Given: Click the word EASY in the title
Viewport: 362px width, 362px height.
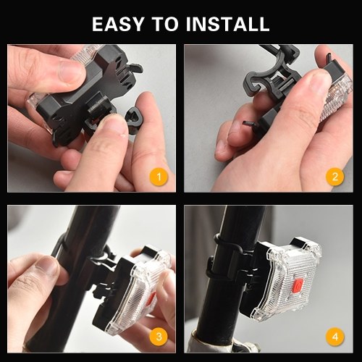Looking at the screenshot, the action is pos(118,24).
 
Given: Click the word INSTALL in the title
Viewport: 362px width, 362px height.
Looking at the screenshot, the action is pos(227,24).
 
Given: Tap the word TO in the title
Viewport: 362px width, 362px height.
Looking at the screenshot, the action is pos(165,24).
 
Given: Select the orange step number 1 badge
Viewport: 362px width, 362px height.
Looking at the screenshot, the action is pos(159,177).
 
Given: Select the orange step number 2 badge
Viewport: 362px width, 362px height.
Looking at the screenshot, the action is pos(335,177).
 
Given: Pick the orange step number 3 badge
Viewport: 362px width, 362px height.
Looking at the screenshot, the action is pos(159,337).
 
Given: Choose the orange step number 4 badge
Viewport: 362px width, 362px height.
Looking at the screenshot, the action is pos(335,337).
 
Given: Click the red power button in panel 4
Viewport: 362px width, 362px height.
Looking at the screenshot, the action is pos(298,286).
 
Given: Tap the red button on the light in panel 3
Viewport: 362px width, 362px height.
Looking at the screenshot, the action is pos(151,299).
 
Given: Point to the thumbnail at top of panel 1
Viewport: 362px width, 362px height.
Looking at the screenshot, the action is pos(72,70).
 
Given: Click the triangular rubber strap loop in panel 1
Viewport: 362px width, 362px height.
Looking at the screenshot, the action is pos(135,119).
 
